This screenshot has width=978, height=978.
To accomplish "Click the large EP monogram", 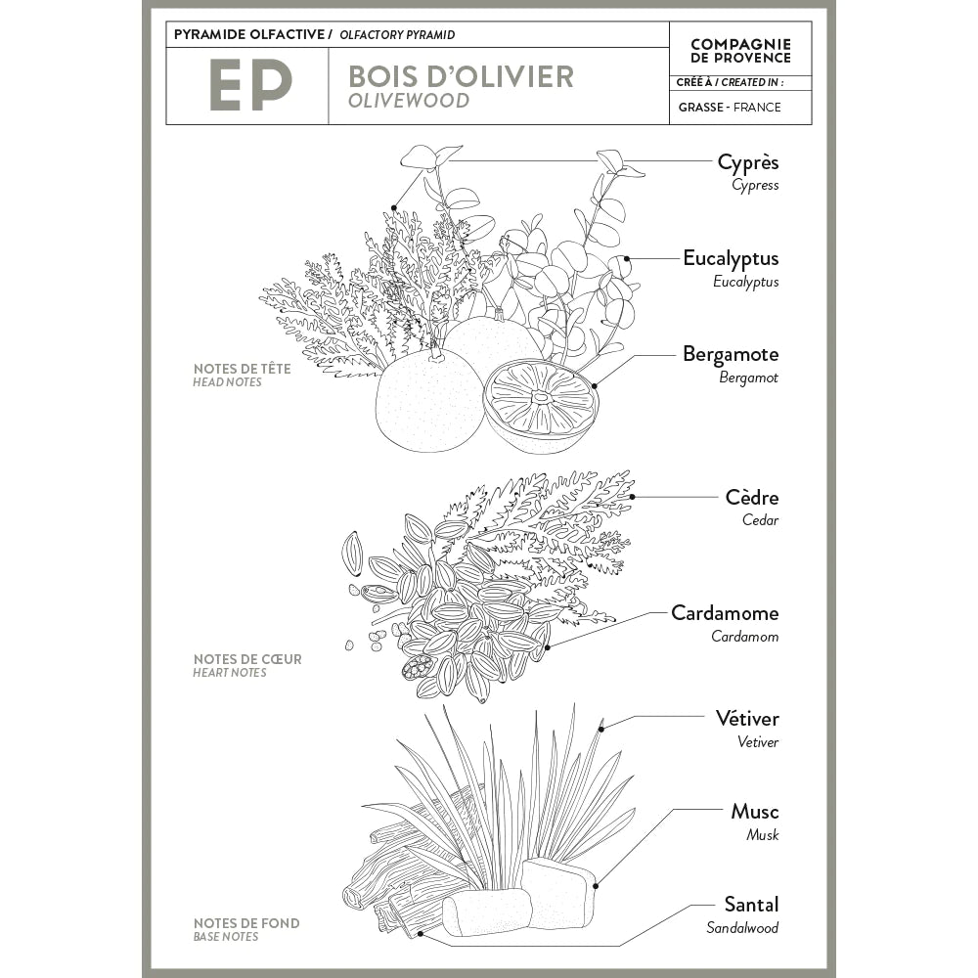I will (x=250, y=86).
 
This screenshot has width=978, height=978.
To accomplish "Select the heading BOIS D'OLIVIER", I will (x=461, y=75).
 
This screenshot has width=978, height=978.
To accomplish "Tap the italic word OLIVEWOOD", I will (x=409, y=101).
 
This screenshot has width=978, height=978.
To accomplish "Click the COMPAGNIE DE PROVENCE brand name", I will (x=740, y=51).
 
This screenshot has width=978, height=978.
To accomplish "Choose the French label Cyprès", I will (x=748, y=162).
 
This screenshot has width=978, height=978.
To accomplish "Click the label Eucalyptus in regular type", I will (x=731, y=258).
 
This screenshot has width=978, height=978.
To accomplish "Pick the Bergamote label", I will (x=731, y=354).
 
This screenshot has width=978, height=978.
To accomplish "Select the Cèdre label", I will (x=752, y=498).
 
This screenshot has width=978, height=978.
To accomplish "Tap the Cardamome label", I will (x=725, y=613).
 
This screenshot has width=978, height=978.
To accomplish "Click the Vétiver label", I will (x=747, y=719).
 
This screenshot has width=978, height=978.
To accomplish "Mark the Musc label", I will (x=755, y=812).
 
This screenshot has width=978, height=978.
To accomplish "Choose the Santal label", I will (x=751, y=905).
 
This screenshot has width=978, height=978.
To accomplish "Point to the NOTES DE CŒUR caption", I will (x=247, y=659).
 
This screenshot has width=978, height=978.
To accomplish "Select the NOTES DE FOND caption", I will (x=246, y=923).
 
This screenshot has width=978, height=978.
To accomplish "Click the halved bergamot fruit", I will (x=540, y=405).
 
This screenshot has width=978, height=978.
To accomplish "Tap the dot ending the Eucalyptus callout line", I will (x=627, y=259).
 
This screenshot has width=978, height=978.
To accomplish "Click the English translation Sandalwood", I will (x=742, y=928).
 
